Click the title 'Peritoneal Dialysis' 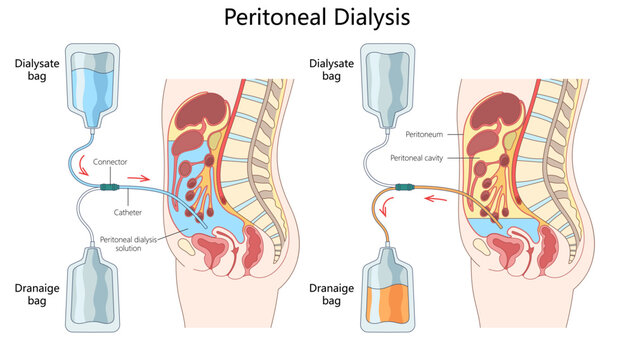(x=317, y=18)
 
